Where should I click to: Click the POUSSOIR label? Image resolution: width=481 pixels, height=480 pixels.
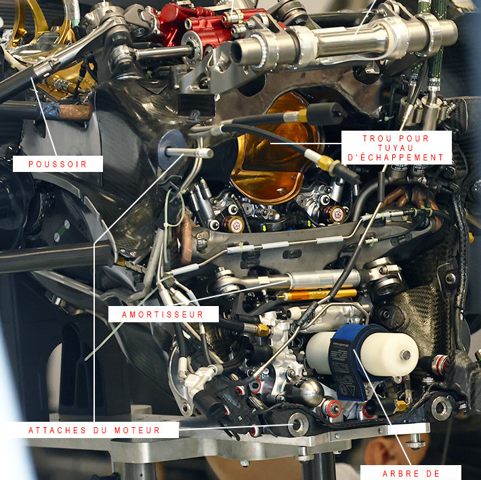[x=58, y=164]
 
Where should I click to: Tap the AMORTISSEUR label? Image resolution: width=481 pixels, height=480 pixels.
[x=163, y=314]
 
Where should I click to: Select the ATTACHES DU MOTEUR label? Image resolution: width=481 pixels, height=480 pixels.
[x=94, y=430]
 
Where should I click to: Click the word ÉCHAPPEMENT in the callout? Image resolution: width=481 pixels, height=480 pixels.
[x=396, y=158]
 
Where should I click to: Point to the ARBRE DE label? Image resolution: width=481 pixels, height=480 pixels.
[x=411, y=473]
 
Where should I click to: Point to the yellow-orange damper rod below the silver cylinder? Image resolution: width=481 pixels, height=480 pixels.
[x=319, y=294]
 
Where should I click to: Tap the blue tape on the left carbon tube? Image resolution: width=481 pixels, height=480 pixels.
[x=49, y=110]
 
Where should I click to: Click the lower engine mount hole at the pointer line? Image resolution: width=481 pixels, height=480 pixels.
[x=297, y=424]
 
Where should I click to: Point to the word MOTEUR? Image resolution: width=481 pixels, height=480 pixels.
[x=138, y=430]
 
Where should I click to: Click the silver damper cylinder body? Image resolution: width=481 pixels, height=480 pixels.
[x=325, y=279]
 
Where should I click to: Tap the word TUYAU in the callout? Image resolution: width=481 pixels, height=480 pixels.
[x=396, y=148]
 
